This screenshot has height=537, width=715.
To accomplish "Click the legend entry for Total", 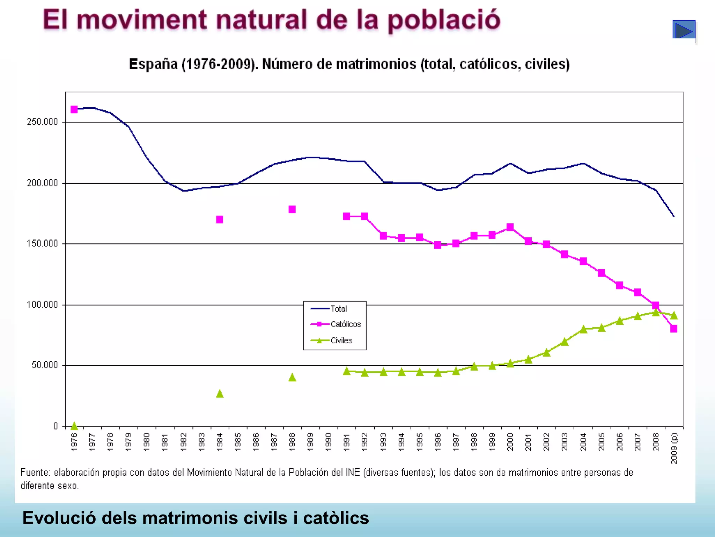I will pos(338,309).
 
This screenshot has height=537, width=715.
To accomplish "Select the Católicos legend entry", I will pos(345,324).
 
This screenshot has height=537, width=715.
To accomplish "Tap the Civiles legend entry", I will pos(341,340).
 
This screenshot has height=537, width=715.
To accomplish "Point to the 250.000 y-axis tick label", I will pos(42,122).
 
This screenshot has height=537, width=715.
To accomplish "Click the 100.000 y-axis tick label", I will pos(42,305).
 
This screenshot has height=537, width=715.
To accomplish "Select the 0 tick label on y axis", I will pos(56,426).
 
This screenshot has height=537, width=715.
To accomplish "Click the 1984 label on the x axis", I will pos(220,442).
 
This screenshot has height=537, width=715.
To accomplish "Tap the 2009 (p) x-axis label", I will pos(674,448).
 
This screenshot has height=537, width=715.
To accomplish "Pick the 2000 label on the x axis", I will pos(510,442).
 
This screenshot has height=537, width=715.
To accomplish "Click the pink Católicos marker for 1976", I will pos(74,109).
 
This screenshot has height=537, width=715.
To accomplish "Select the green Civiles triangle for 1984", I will pos(220,394).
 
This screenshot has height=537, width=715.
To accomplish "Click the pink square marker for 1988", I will pos(292,209).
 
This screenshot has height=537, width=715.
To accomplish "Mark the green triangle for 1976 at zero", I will pos(74,425).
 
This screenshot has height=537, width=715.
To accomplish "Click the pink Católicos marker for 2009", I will pos(674,329).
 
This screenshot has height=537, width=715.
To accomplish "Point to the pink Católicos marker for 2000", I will pos(510,227).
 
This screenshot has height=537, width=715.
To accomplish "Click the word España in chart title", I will pos(153,64).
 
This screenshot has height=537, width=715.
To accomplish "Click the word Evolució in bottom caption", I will pos(59,518).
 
